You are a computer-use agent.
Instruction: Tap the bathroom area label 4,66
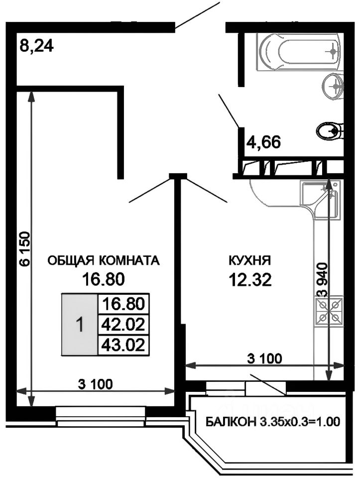point(263,142)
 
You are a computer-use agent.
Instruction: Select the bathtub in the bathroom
point(299,51)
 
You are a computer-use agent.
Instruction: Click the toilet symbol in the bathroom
point(330,131)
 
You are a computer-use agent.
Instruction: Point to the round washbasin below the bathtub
point(333,87)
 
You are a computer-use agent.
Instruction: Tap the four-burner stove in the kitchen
point(329,310)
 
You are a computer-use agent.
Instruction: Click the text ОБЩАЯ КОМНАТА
point(103,260)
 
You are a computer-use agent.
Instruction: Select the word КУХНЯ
point(249,260)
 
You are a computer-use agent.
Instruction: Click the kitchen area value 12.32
point(250,280)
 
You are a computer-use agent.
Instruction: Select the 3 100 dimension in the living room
point(95,384)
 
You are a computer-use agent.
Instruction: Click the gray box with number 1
point(79,325)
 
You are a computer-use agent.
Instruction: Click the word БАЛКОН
point(230,422)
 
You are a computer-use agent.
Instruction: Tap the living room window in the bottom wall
point(101,415)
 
